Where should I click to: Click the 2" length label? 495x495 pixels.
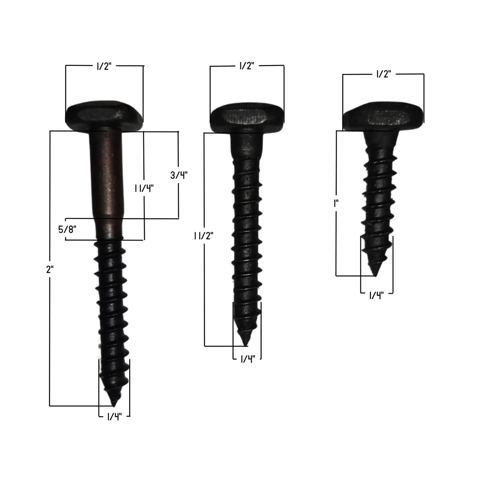coord(50,269)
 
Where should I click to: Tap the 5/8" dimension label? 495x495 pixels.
coord(67,229)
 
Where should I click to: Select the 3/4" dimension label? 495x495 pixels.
coord(179,175)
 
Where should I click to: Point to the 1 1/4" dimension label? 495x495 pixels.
coord(144,189)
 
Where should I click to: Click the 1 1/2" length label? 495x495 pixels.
coord(203,236)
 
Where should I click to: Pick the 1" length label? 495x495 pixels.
coord(336,204)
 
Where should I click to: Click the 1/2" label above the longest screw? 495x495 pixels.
coord(104,66)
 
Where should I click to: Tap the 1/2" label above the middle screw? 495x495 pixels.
coord(247,66)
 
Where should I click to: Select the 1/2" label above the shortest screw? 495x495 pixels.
coord(384,74)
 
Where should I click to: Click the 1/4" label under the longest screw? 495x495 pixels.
coord(114,417)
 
